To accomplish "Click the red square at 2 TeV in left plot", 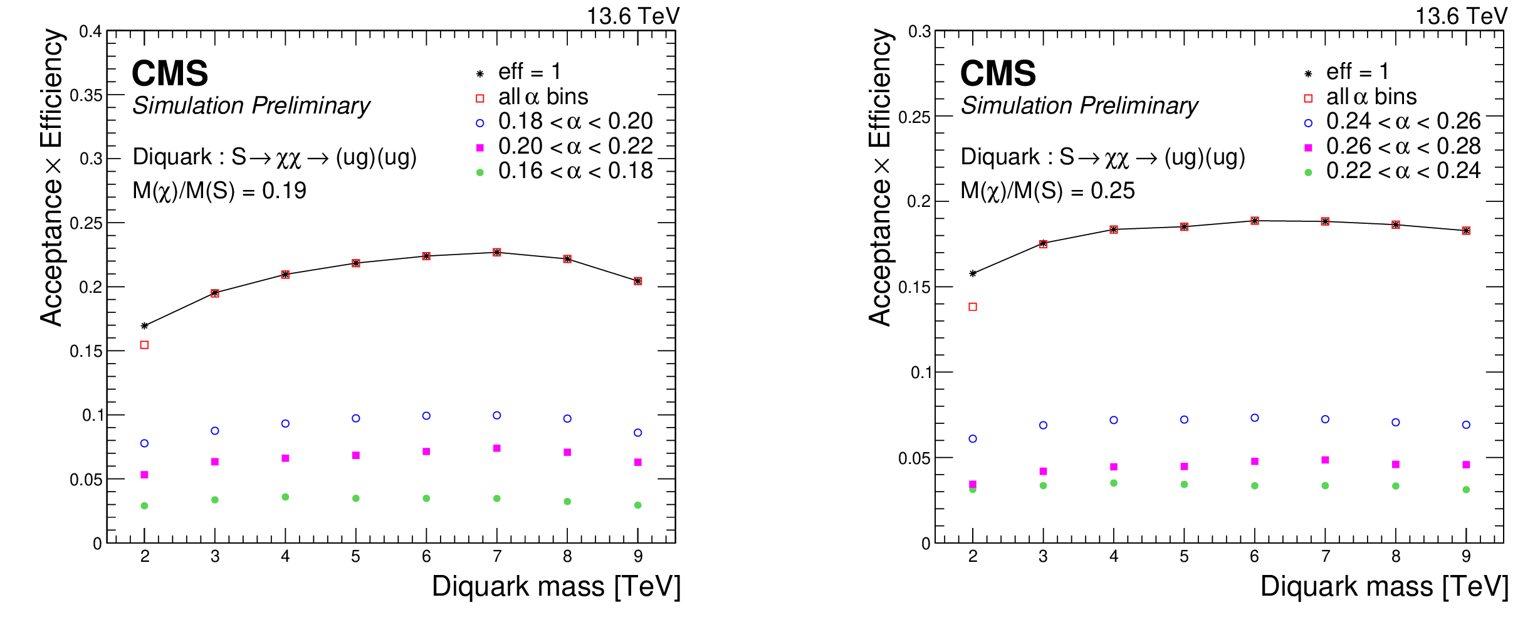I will pos(144,345).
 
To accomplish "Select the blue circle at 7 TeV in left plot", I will pos(497,415).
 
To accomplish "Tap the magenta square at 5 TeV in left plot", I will pos(356,455).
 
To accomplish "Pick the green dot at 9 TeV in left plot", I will pos(638,505).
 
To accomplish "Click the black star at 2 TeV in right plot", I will pos(973,273).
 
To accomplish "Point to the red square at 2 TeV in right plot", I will pos(973,307).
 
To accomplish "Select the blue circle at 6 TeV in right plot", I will pos(1255,418).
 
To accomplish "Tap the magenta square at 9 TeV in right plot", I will pos(1466,465).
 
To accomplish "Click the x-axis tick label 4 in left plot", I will pos(285,556).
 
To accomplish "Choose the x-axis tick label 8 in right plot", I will pos(1396,556).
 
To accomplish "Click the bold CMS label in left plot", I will pos(170,73).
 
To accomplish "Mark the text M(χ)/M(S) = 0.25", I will pos(1047,191).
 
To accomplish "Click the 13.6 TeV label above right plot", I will pos(1461,16).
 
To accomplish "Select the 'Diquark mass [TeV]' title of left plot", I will pos(556,587).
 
